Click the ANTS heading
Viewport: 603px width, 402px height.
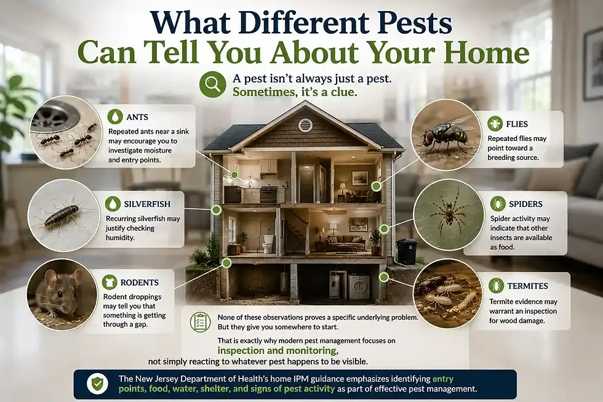(137, 117)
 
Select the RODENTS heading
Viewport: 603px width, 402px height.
(140, 283)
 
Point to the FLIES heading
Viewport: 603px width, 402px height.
(517, 124)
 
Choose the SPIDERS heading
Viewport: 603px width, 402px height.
(525, 204)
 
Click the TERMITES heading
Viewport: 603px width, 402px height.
(527, 286)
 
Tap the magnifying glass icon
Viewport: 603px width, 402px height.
(212, 84)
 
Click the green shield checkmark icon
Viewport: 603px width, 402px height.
(97, 384)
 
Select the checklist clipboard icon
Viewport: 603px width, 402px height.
(201, 322)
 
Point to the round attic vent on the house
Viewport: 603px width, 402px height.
(305, 125)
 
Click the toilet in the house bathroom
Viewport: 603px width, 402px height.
(268, 243)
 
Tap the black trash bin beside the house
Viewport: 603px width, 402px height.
(407, 251)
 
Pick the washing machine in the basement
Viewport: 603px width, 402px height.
(358, 287)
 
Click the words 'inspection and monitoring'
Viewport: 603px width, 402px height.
(278, 350)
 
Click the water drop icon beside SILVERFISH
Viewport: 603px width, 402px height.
(113, 204)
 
